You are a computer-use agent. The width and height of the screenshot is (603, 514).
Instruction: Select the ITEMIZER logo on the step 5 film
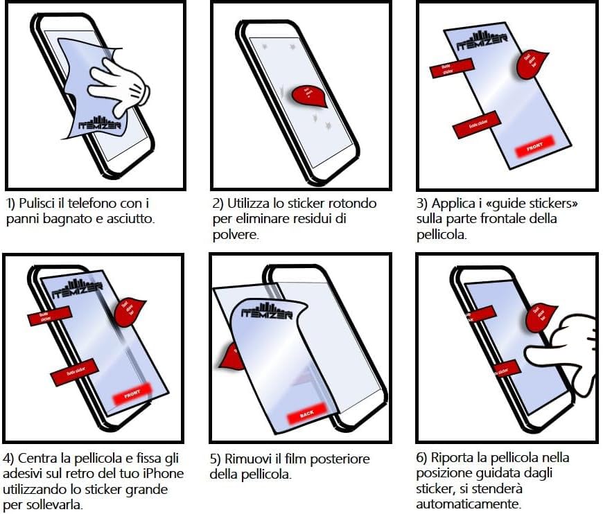click(267, 310)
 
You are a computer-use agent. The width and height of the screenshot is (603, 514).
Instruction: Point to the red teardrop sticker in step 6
click(541, 315)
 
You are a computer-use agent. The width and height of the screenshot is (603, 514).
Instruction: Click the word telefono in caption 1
click(83, 204)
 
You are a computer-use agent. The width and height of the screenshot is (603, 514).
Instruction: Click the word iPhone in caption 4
click(164, 474)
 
